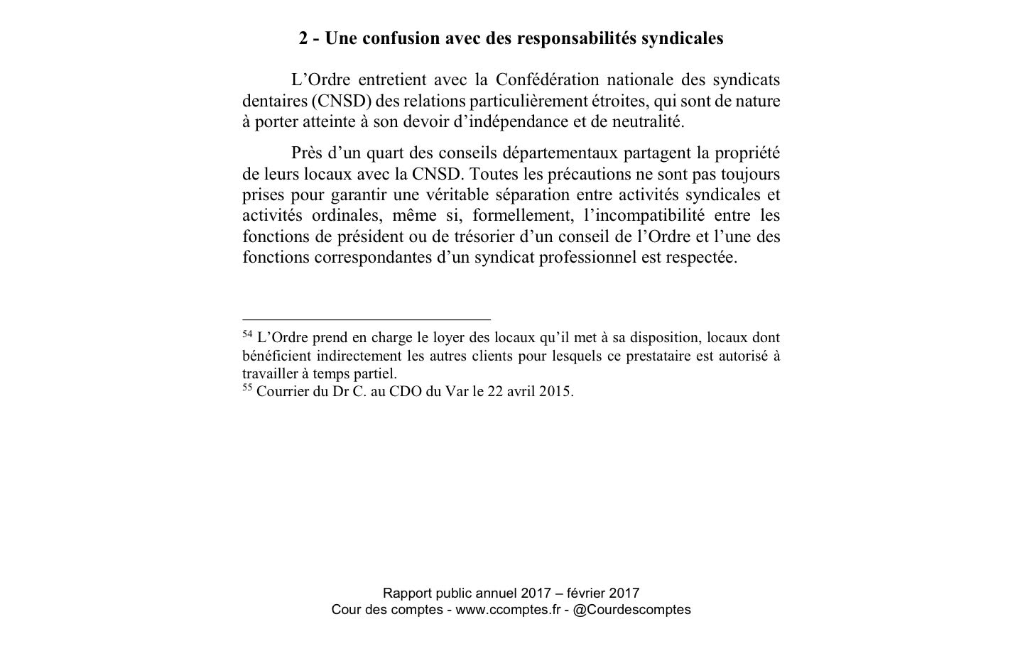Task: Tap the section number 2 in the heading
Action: point(303,38)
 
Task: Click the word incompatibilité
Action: point(644,215)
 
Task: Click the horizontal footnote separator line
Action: point(366,320)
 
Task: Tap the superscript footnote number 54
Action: point(247,334)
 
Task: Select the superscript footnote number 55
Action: point(247,388)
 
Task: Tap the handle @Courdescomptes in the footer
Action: point(631,610)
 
